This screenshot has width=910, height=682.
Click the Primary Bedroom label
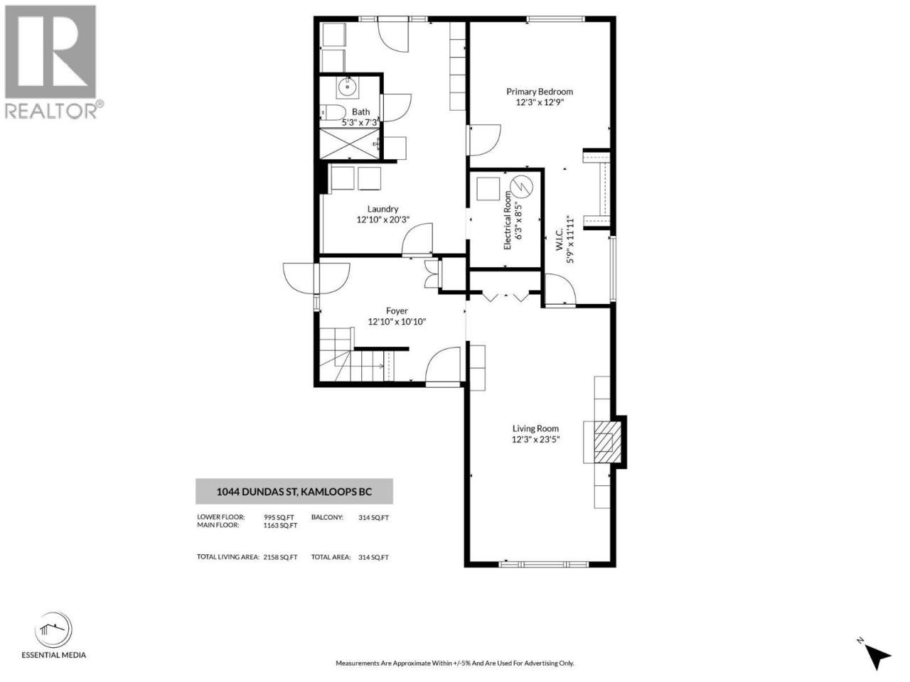[540, 92]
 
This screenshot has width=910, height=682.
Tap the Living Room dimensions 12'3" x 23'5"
[535, 439]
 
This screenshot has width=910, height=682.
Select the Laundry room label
[382, 209]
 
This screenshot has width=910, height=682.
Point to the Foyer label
[397, 310]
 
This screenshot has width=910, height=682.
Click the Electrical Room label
[507, 220]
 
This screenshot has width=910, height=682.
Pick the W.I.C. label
[558, 239]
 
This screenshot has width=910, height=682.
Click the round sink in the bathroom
[347, 87]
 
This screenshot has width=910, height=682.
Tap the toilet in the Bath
[333, 112]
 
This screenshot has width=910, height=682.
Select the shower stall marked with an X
[350, 144]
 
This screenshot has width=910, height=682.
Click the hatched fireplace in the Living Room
[608, 442]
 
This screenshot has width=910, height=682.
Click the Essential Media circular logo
[53, 630]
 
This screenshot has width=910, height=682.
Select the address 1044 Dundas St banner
[294, 492]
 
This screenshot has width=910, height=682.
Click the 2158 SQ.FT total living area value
[280, 557]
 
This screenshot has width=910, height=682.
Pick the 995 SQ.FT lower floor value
[279, 517]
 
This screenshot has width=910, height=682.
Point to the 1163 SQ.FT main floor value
[280, 525]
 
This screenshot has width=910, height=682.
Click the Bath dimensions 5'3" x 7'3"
[360, 123]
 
